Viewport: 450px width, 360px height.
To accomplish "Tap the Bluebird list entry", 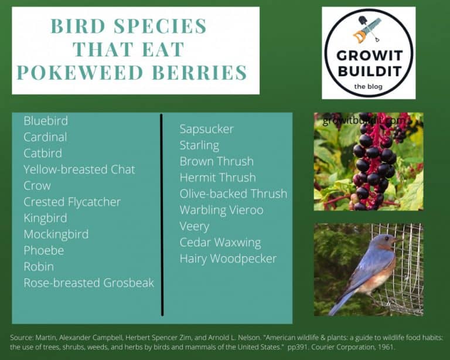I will [x=46, y=121].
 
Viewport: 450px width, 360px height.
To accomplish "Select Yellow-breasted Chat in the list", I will [x=79, y=169].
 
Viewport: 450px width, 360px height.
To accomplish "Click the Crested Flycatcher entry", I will [x=72, y=202].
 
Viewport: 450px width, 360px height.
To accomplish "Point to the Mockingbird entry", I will [x=56, y=235].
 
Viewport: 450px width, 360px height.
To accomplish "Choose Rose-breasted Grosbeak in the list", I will [x=88, y=283].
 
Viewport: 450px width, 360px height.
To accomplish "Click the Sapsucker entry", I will [x=206, y=129].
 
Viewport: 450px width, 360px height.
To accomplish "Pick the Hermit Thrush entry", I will [x=217, y=178].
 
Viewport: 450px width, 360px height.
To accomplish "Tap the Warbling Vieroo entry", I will [x=221, y=210].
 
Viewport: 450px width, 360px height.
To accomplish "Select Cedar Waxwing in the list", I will [x=220, y=243].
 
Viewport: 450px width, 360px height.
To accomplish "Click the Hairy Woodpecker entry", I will [x=228, y=259].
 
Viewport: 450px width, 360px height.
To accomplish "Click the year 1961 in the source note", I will [x=386, y=347].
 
